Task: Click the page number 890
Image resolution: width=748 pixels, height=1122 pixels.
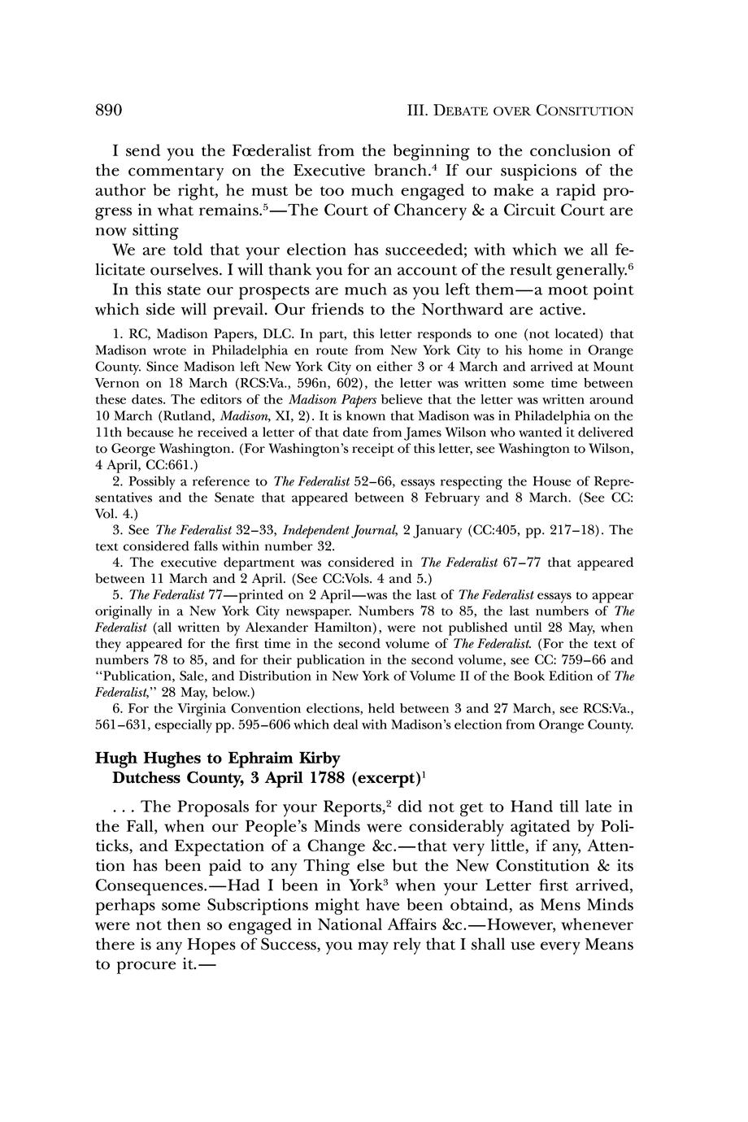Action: [109, 110]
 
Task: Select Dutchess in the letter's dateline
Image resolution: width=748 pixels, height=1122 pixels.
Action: [147, 777]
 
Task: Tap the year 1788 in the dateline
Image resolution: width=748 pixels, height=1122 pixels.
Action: [321, 777]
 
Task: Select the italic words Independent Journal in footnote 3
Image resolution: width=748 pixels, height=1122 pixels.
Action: [340, 529]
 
